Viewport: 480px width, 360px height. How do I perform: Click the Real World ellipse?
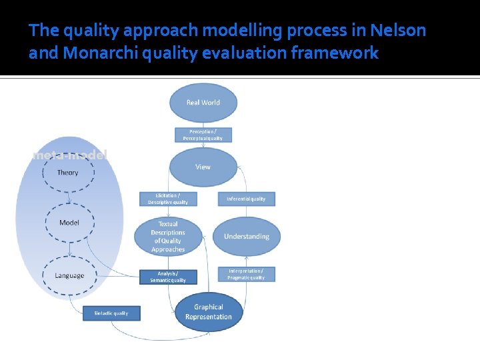coord(203,103)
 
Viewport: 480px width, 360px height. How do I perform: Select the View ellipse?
coord(203,167)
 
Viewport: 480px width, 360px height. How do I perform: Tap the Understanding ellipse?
coord(246,236)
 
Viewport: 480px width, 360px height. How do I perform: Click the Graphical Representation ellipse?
coord(209,312)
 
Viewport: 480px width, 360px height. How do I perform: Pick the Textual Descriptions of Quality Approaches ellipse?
coord(168,237)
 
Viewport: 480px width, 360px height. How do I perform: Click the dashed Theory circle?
coord(68,173)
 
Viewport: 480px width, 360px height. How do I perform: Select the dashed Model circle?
coord(69,223)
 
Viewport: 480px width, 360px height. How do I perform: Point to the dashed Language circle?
coord(69,275)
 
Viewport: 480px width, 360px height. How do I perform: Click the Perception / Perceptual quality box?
coord(203,135)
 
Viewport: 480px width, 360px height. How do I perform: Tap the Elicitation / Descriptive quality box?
coord(168,199)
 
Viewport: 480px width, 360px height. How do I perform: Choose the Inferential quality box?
coord(246,199)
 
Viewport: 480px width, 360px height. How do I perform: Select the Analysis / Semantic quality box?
coord(168,277)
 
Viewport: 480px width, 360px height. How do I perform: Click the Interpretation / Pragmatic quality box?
coord(246,274)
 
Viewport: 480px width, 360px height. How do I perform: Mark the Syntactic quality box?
coord(111,313)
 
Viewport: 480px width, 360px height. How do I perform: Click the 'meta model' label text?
coord(69,155)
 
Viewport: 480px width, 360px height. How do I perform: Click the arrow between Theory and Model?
coord(69,197)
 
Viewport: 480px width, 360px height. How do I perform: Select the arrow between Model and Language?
coord(69,249)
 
